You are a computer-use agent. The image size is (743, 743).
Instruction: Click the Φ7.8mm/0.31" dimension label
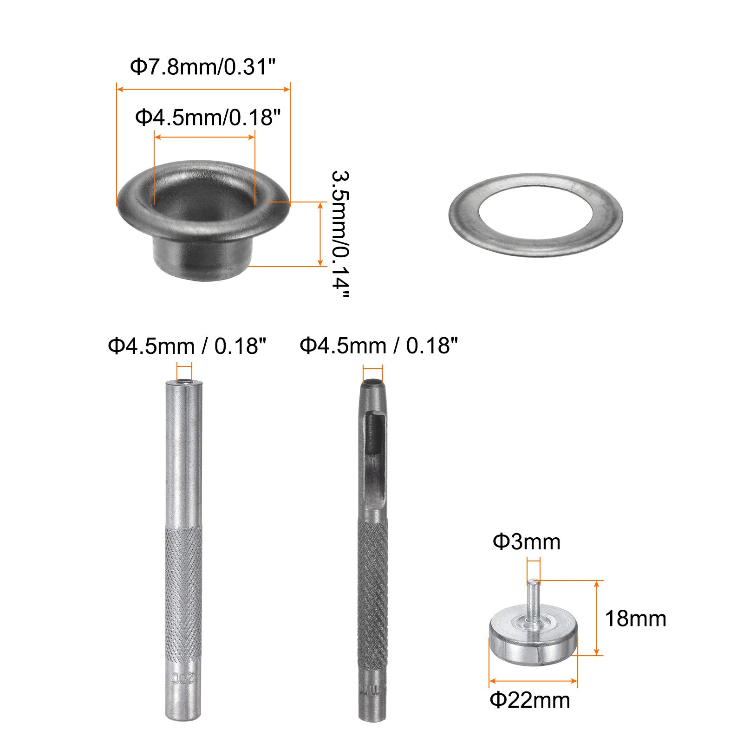coord(203,67)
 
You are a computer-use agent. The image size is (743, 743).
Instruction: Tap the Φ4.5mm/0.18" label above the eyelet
coord(208,117)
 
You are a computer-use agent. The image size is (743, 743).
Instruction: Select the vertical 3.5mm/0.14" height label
coord(340,234)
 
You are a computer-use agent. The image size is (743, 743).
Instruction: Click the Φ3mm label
coord(527,541)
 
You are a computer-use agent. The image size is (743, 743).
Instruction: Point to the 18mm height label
coord(635,619)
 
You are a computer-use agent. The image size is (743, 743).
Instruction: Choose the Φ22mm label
coord(530,700)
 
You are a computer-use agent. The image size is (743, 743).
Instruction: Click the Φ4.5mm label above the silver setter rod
coord(187,346)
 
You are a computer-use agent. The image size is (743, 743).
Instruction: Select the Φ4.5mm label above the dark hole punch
coord(378,345)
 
